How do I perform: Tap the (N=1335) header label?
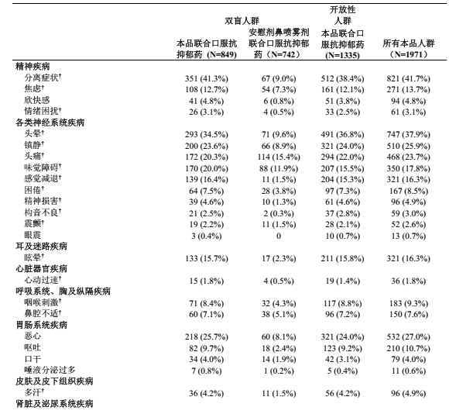coord(339,56)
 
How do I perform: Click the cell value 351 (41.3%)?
coord(207,78)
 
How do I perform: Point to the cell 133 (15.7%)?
coord(207,257)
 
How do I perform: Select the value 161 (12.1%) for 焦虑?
coord(339,89)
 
